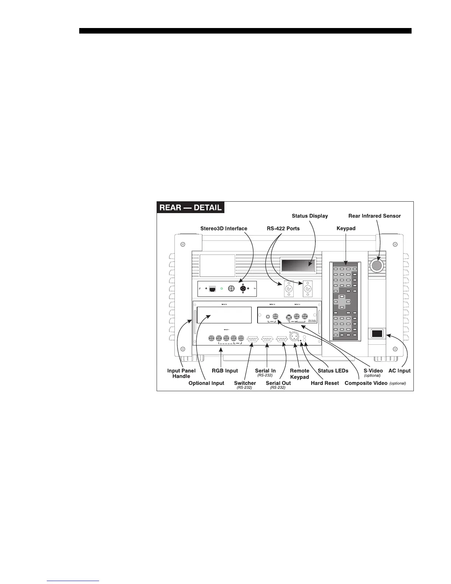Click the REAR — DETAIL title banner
(x=190, y=207)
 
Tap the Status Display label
(x=310, y=216)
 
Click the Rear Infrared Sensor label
(x=374, y=216)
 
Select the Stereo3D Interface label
(x=224, y=228)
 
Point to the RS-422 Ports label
(x=283, y=228)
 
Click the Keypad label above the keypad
(x=346, y=228)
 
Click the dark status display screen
(x=298, y=265)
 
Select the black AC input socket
(x=377, y=334)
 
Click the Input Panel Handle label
(x=181, y=373)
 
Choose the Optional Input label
(x=206, y=383)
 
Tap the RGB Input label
(x=225, y=371)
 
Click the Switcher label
(x=245, y=383)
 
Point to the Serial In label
(x=265, y=371)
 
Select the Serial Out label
(x=278, y=383)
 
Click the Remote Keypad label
(x=300, y=373)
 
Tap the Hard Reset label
(x=325, y=383)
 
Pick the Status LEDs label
(x=333, y=371)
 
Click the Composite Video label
(x=366, y=383)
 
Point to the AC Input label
(x=399, y=371)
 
